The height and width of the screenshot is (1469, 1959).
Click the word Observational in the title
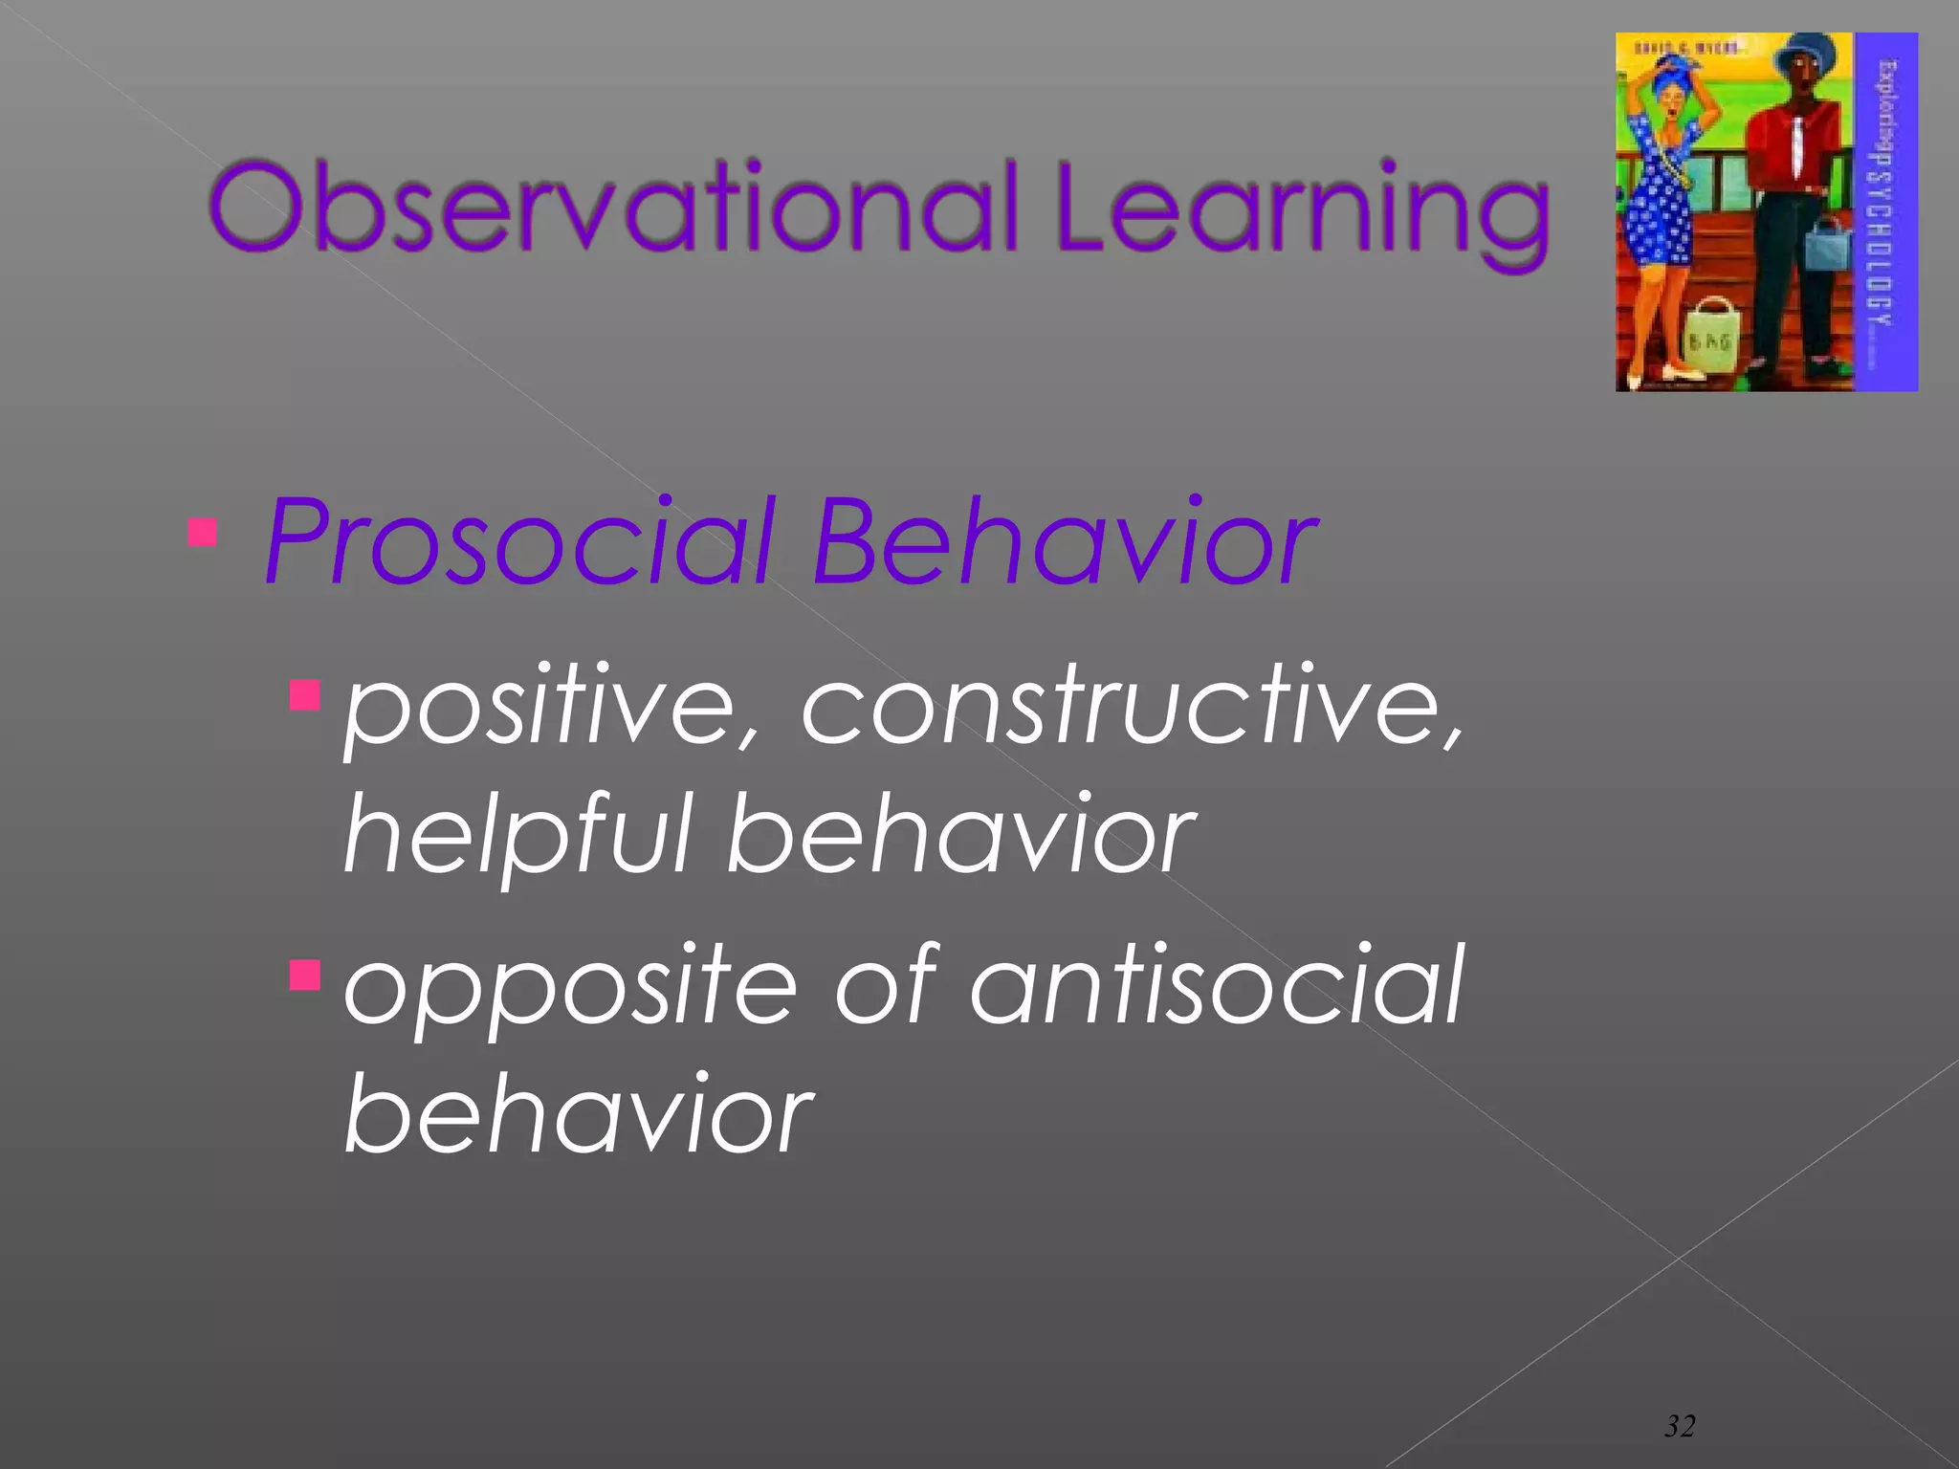[612, 208]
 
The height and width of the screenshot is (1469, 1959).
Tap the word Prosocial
[517, 543]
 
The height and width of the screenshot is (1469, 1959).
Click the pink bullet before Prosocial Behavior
[202, 532]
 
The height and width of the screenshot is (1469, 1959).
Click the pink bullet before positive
[304, 695]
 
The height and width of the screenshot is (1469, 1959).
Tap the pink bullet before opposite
[304, 976]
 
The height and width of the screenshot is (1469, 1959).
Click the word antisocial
[1215, 985]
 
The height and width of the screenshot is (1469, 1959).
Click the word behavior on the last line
[578, 1114]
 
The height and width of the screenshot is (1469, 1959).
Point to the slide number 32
[1680, 1426]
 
